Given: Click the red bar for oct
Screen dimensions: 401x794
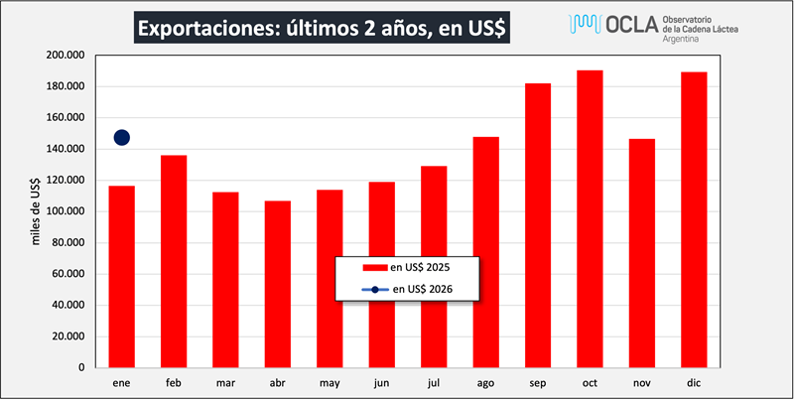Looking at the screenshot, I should click(x=590, y=218).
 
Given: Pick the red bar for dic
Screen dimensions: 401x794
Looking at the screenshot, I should click(x=694, y=219).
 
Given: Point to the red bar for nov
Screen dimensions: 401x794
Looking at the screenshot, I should click(x=642, y=253).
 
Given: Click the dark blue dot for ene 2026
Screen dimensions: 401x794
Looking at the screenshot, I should click(x=122, y=137).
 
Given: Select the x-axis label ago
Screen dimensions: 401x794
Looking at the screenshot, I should click(x=485, y=382).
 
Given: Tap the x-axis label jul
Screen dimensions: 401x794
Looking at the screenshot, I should click(x=434, y=382).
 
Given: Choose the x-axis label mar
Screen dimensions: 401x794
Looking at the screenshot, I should click(x=225, y=382).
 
